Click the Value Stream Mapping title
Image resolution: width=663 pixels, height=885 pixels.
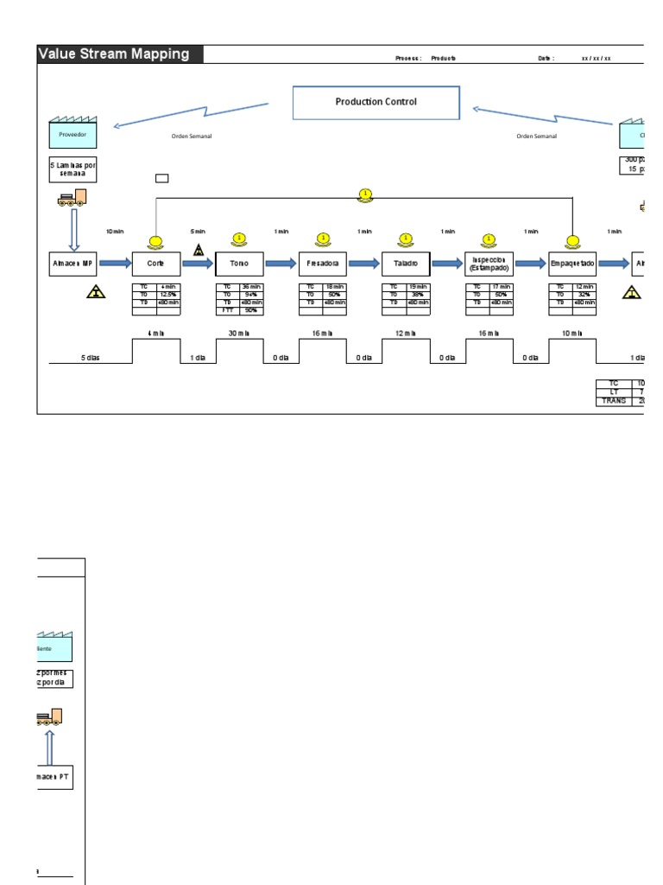(x=114, y=54)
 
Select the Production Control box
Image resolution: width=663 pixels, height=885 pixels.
(x=376, y=102)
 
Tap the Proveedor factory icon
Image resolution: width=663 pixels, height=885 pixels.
(x=73, y=134)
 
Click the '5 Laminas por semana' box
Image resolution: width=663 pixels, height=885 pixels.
(x=73, y=169)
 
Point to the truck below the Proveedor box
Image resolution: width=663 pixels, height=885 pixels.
(x=73, y=198)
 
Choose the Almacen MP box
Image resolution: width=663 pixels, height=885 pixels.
(x=73, y=264)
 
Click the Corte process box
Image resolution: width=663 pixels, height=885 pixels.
(x=155, y=264)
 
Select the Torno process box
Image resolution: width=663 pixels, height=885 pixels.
(x=239, y=264)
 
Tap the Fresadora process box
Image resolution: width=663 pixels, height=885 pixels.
(x=323, y=264)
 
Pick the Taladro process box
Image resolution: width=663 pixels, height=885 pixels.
(x=406, y=264)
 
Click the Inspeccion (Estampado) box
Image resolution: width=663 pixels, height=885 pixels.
(x=489, y=264)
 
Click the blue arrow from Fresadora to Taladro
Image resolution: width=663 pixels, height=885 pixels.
(x=363, y=264)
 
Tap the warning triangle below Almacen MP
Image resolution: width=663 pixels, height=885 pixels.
(x=96, y=294)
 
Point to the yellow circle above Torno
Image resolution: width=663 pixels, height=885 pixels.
(x=239, y=239)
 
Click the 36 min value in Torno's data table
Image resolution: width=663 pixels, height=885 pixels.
(x=250, y=286)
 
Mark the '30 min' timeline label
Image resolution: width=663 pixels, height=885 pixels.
(x=239, y=333)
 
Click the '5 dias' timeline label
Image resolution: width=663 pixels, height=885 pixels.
(x=90, y=358)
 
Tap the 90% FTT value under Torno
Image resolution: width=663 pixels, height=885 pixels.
(x=250, y=309)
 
